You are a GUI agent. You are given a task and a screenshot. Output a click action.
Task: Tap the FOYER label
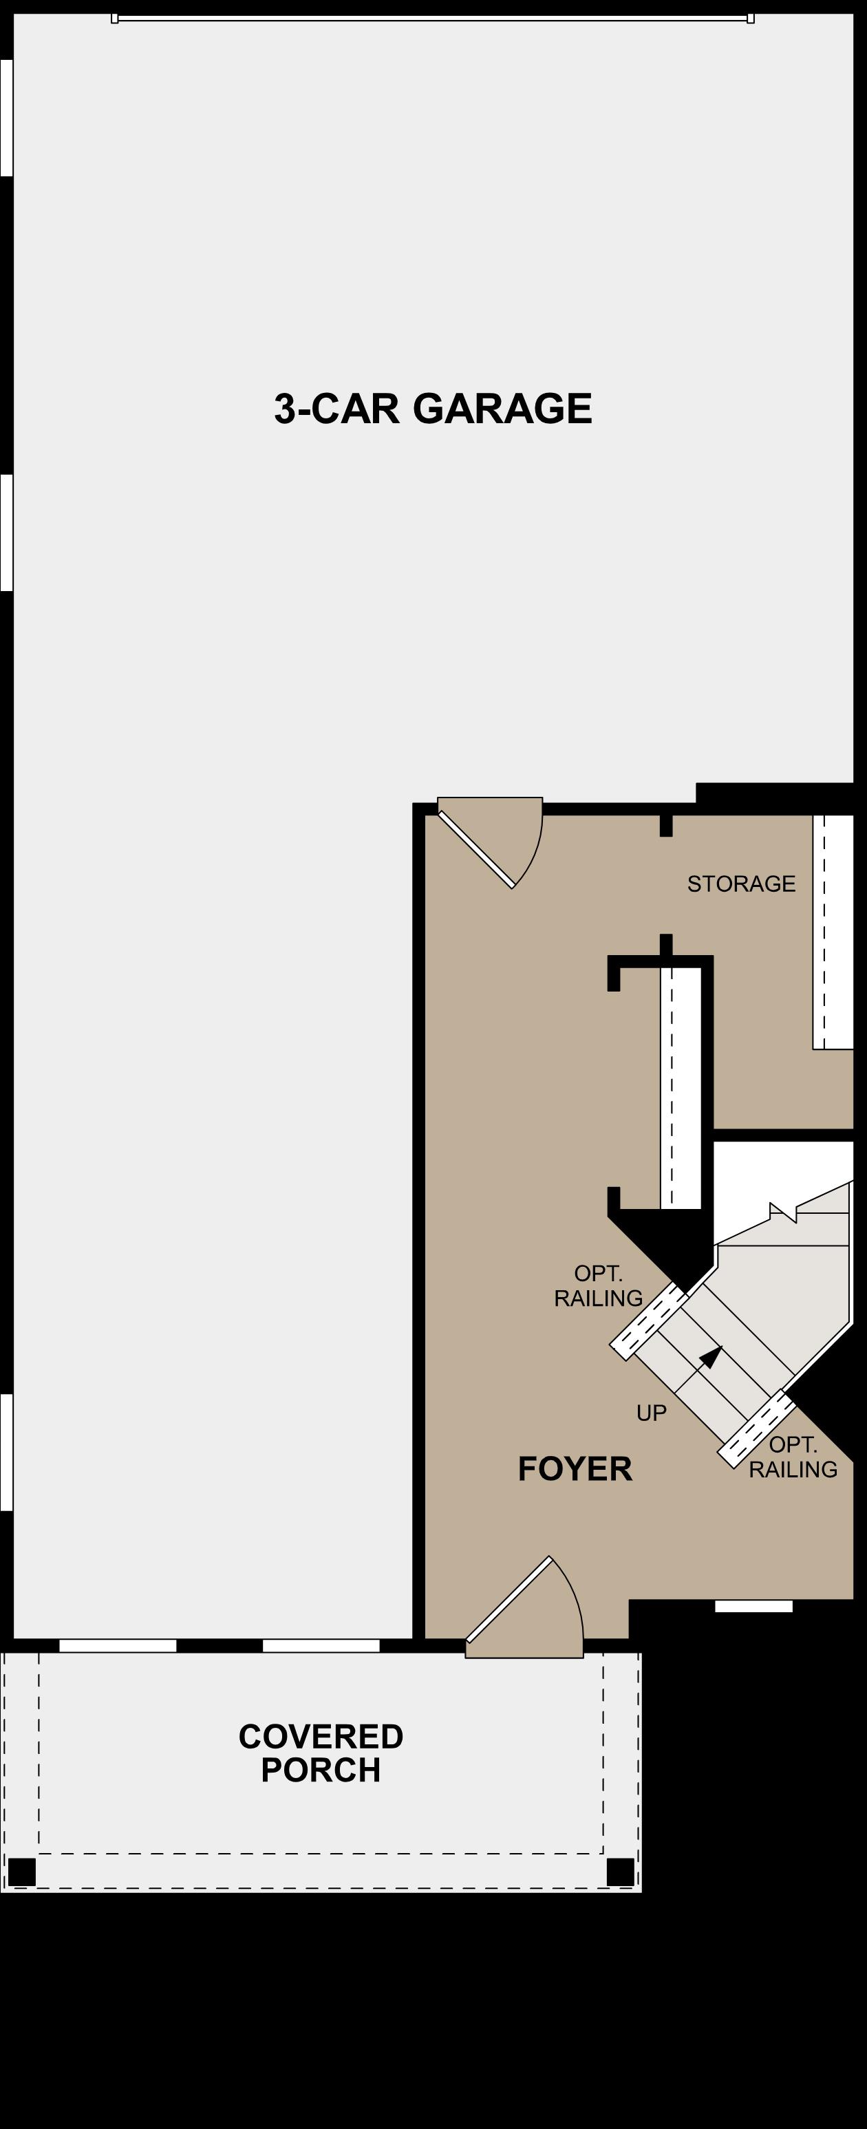click(x=575, y=1468)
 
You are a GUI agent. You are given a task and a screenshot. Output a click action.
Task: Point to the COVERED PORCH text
click(x=321, y=1753)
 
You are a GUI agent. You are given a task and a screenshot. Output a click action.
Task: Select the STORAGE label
click(x=741, y=884)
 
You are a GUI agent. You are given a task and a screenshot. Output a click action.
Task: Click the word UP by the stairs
click(x=652, y=1413)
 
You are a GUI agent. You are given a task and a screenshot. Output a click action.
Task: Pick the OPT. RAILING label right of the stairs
click(x=793, y=1457)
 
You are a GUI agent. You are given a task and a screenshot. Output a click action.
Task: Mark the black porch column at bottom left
click(x=21, y=1871)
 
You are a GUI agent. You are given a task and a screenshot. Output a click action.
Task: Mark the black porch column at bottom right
click(x=620, y=1871)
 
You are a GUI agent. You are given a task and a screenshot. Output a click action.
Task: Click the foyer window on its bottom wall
click(x=753, y=1606)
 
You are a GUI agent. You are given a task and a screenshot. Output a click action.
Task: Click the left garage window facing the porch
click(x=118, y=1645)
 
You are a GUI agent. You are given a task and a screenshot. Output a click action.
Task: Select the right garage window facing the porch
click(x=321, y=1645)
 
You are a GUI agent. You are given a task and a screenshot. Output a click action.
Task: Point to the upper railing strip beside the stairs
click(x=649, y=1320)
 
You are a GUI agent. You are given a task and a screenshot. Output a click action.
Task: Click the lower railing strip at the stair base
click(x=756, y=1428)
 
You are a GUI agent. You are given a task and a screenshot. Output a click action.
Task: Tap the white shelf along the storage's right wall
click(x=833, y=932)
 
